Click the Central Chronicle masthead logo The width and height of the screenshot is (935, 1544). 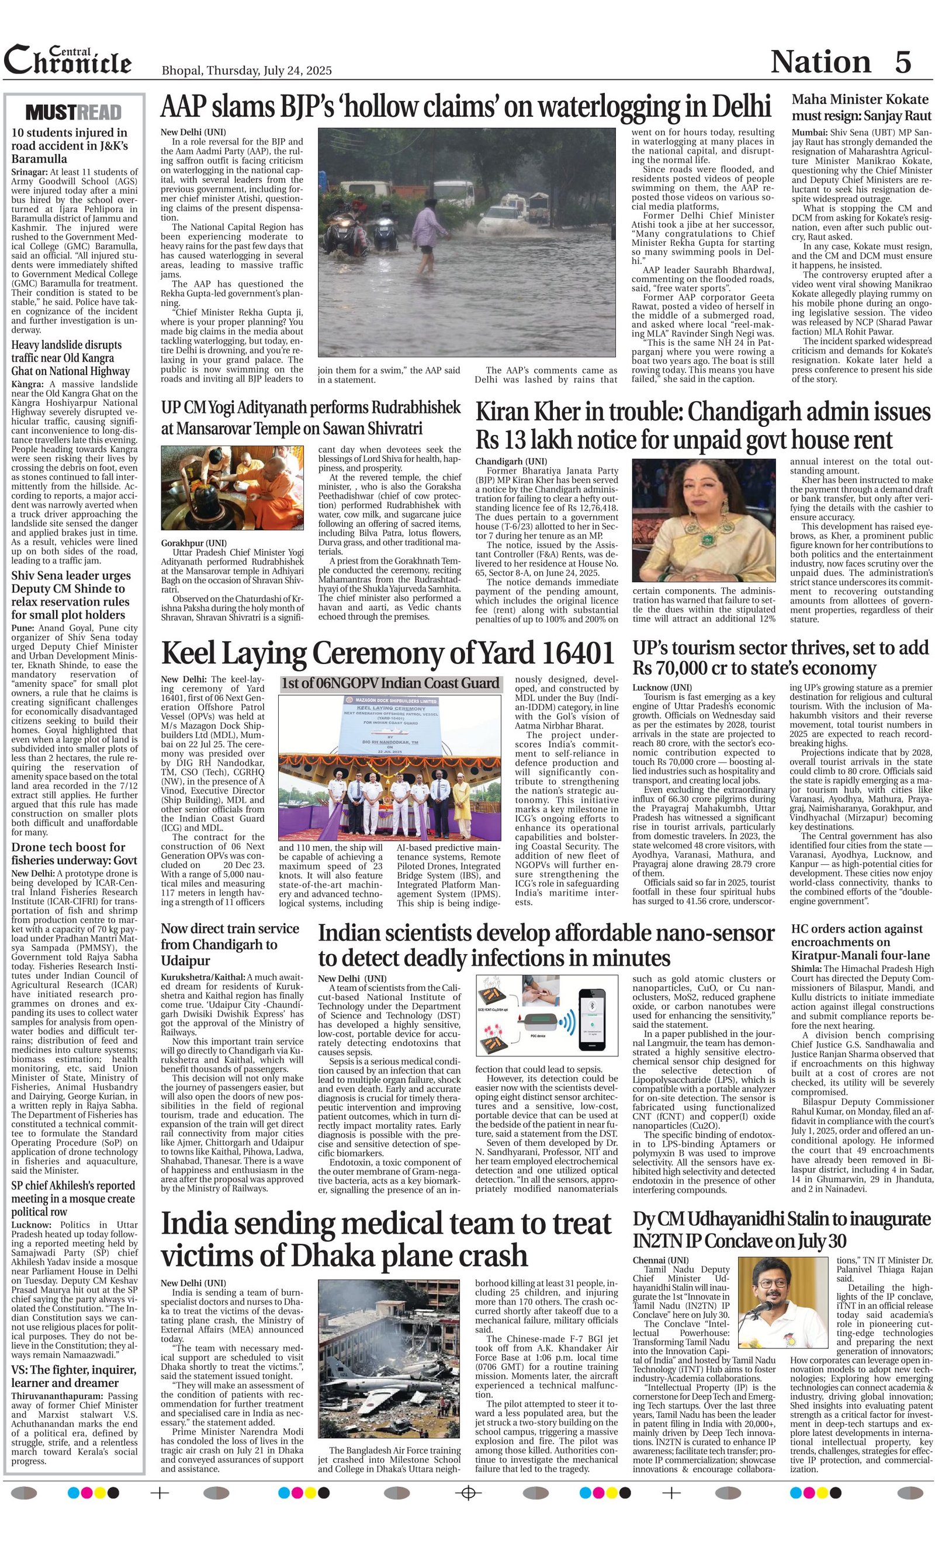click(x=68, y=61)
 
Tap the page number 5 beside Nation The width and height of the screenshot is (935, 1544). click(x=902, y=62)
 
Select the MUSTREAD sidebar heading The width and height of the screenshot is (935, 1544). click(x=74, y=112)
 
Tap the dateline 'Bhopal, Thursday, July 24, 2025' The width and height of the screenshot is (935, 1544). click(x=247, y=71)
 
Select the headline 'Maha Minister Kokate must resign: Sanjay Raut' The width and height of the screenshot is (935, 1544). click(x=861, y=107)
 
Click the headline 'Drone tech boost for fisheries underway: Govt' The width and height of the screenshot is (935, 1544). click(x=68, y=853)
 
